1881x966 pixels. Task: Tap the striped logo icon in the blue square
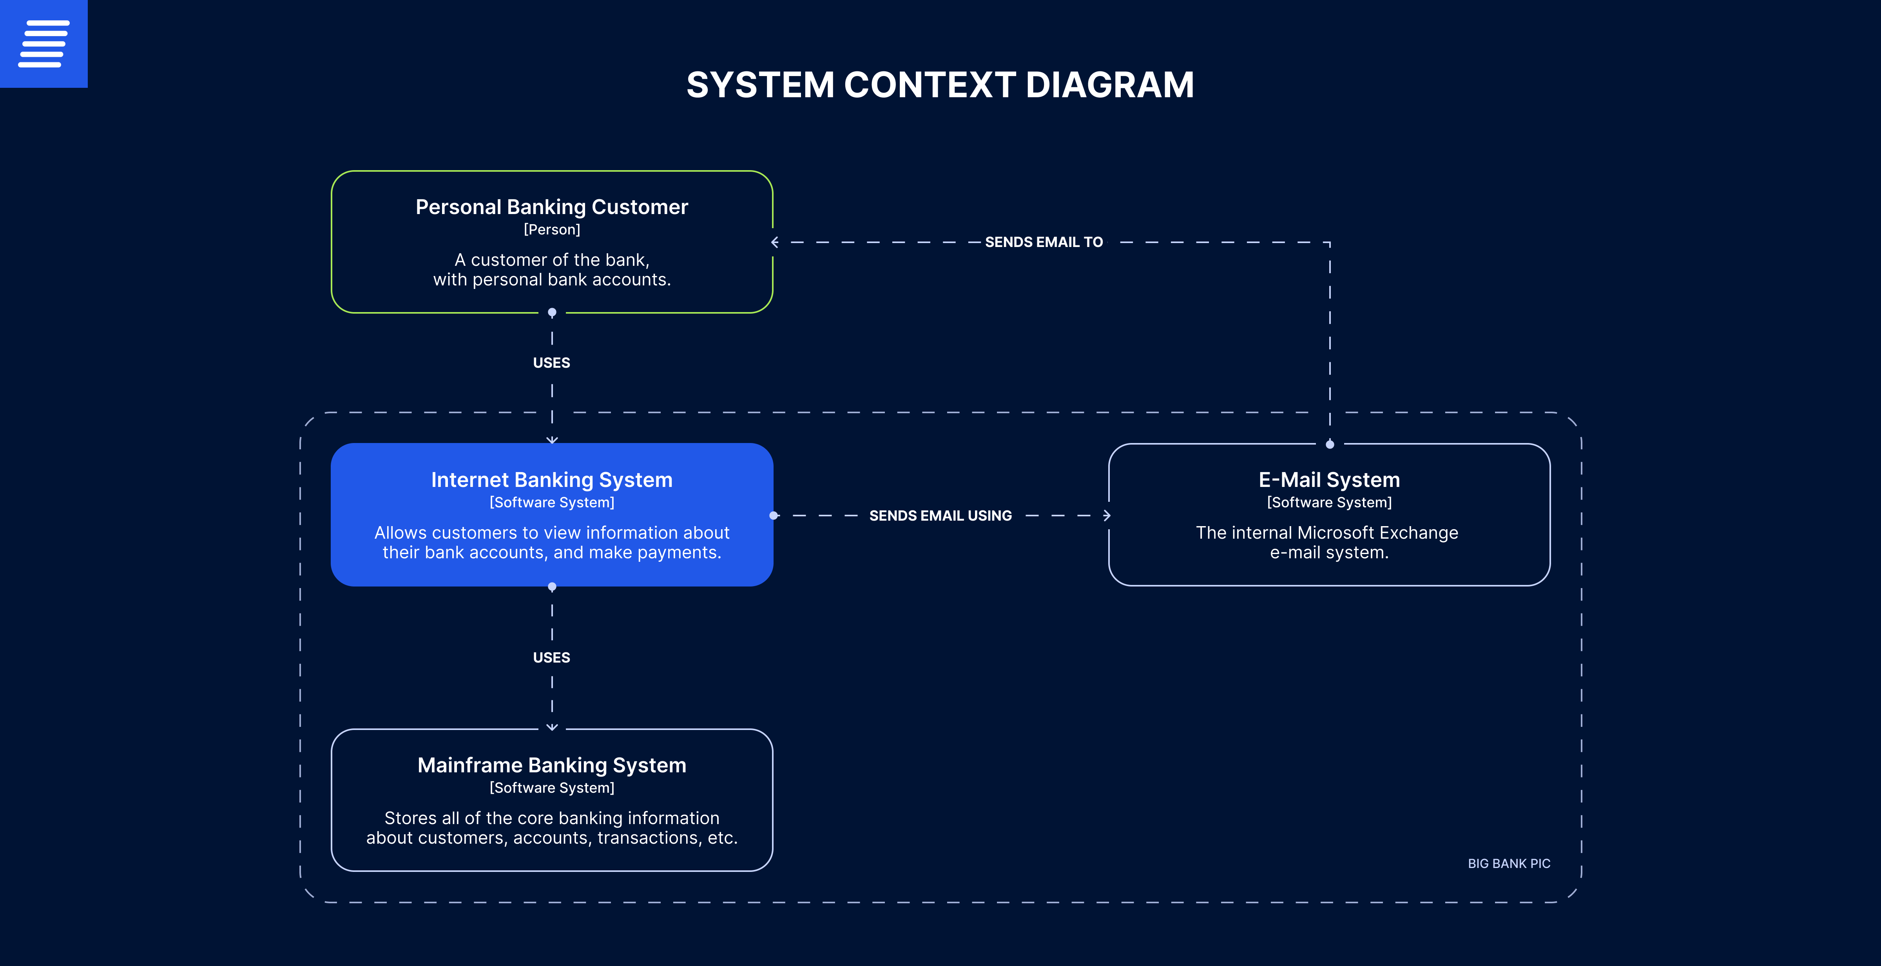[44, 44]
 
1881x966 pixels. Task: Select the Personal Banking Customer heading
[552, 207]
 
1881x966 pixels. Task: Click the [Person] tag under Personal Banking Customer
[552, 229]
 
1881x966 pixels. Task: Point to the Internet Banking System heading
[552, 480]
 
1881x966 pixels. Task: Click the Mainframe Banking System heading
[552, 765]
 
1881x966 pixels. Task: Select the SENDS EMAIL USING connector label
[940, 516]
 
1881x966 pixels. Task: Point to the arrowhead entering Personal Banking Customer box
[775, 242]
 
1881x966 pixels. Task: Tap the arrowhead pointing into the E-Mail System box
[1107, 516]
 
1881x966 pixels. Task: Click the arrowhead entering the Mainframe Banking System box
[552, 727]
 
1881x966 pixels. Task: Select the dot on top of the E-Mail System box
[1330, 444]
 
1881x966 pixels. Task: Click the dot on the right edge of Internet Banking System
[773, 516]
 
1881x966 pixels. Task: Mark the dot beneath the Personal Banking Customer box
[552, 313]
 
